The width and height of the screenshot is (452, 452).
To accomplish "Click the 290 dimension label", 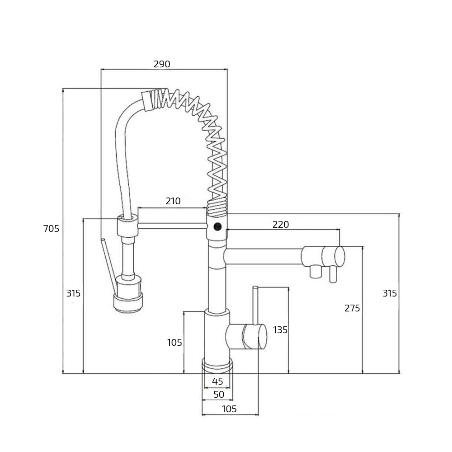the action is point(162,64).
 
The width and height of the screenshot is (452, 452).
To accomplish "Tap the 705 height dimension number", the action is point(51,229).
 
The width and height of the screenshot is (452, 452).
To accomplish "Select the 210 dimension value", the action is point(173,201).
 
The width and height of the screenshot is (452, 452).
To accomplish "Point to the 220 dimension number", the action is point(281,224).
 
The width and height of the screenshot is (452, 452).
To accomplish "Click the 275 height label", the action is point(352,308).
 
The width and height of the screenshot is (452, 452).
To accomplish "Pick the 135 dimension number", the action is point(280,330).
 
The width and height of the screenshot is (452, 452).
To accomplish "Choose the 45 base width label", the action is point(217,381).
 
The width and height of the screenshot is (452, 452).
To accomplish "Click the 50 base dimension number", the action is point(219,394).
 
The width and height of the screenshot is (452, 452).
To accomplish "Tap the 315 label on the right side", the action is point(390,293).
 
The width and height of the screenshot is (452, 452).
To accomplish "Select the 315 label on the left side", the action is point(73,293).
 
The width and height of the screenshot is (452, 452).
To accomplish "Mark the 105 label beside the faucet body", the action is point(174,343).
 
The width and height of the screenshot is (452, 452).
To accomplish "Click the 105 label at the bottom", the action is point(229,409).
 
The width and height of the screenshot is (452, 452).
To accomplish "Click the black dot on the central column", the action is point(217,226).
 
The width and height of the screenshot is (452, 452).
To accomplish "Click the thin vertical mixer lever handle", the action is point(255,305).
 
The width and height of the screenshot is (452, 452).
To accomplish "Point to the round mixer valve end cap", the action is point(262,336).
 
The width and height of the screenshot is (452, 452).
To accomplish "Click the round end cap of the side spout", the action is point(339,256).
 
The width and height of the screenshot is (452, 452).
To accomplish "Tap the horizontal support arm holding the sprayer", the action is point(172,226).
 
